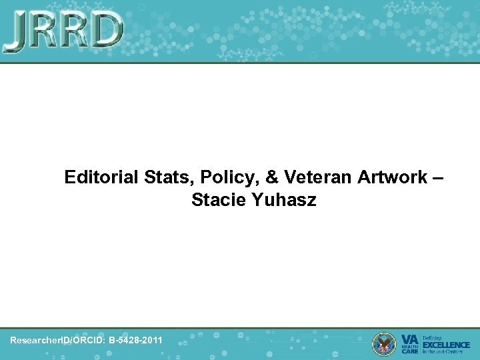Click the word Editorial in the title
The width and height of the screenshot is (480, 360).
point(99,177)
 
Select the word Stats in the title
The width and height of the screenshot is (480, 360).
point(160,177)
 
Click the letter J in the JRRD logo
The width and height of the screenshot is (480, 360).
point(17,32)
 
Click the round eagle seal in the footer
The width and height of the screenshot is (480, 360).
point(383,343)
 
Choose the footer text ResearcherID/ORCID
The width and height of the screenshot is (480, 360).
point(51,341)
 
